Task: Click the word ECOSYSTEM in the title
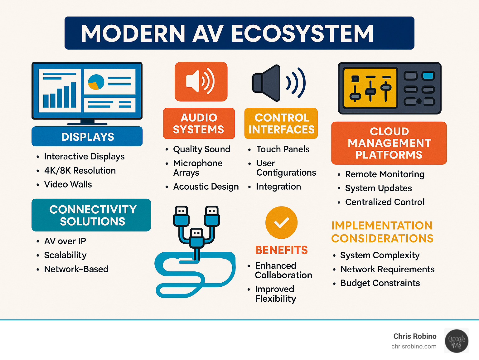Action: (x=302, y=33)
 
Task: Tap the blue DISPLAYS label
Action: (x=87, y=136)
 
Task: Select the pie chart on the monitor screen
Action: (x=96, y=82)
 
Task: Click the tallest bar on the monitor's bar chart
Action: (x=73, y=95)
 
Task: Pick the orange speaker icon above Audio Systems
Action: (x=201, y=82)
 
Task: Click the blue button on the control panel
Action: (x=428, y=76)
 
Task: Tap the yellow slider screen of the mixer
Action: (x=370, y=88)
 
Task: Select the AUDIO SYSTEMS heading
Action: (x=199, y=124)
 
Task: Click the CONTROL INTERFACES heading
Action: (x=281, y=124)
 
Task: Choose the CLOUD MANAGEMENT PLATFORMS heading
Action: (x=389, y=143)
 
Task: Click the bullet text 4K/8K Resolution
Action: (x=80, y=171)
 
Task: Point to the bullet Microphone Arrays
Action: (x=198, y=168)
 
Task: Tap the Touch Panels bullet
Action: (x=283, y=149)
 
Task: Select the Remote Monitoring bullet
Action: (x=385, y=174)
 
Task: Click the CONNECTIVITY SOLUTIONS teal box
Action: (x=91, y=215)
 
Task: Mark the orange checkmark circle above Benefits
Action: (x=281, y=222)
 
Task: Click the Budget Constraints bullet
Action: (x=380, y=283)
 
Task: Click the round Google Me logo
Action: (x=457, y=341)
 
